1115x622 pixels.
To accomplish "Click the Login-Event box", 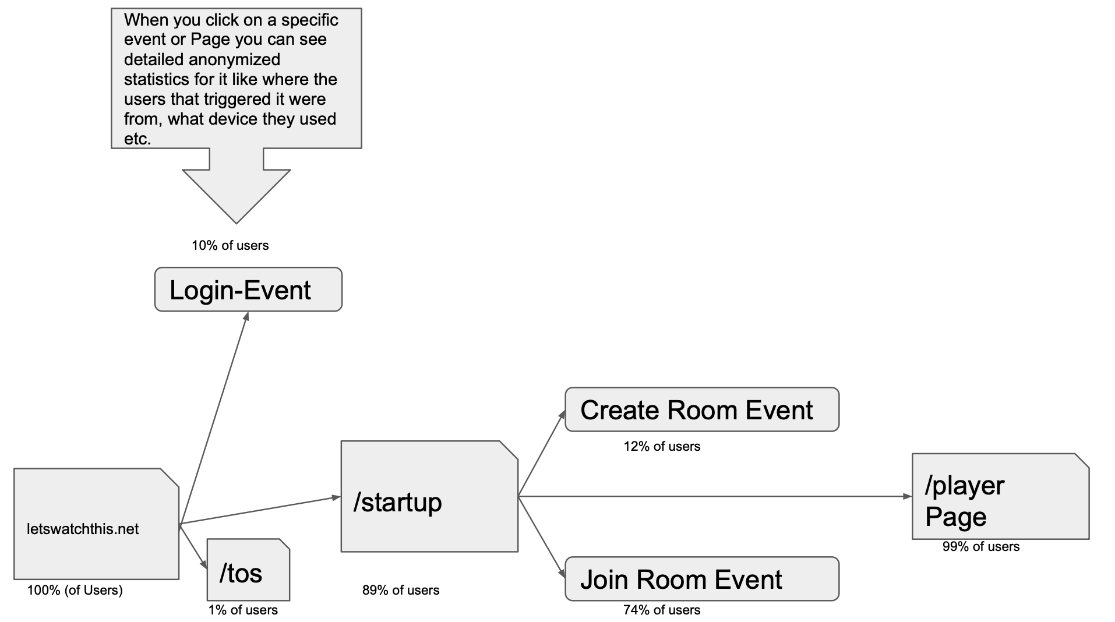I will click(248, 289).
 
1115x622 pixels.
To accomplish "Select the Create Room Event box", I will click(701, 410).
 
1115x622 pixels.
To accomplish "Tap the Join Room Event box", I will click(701, 579).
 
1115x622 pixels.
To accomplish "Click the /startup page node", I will click(429, 497).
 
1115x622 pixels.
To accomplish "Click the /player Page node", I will click(1000, 497).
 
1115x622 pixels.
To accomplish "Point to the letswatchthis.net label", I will click(83, 529).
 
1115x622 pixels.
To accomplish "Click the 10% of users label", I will click(230, 245).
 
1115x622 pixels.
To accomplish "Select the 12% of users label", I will click(662, 446).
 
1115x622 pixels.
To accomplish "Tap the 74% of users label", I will click(662, 610).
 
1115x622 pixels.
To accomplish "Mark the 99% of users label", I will click(981, 546).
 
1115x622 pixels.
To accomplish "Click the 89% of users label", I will click(401, 590).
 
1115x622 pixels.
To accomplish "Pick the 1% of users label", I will click(243, 610).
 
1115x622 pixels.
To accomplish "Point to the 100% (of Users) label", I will click(75, 590).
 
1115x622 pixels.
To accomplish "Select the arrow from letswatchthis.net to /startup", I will click(260, 511).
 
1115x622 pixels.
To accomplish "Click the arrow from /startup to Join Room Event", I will click(541, 536).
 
